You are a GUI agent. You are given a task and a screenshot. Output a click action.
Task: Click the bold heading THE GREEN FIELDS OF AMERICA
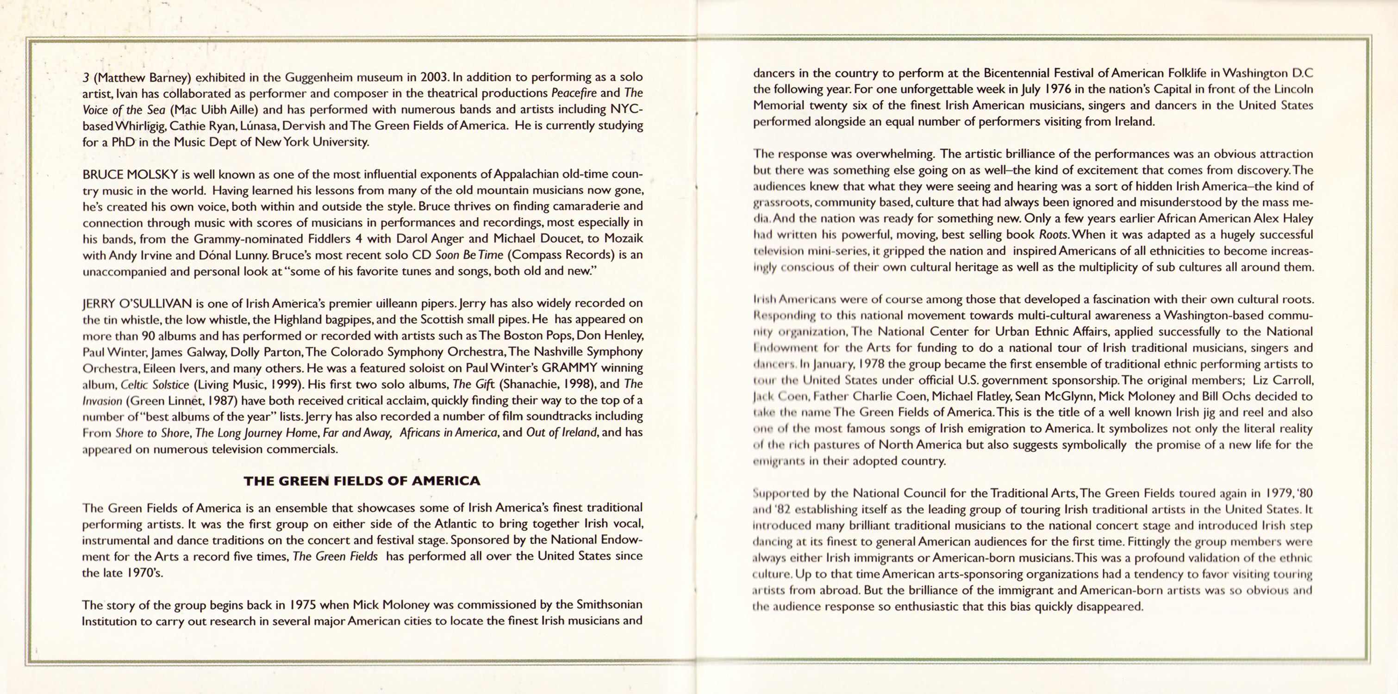[362, 481]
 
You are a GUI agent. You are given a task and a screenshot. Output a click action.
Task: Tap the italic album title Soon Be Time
[470, 254]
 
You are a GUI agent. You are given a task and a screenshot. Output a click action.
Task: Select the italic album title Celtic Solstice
[155, 385]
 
